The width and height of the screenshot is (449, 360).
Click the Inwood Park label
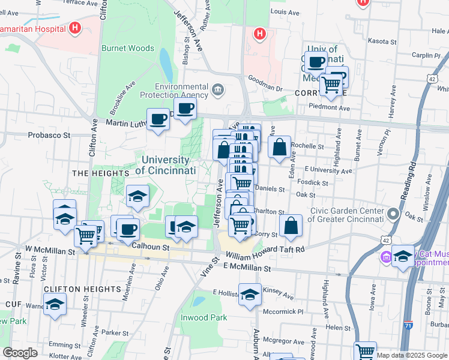click(x=204, y=317)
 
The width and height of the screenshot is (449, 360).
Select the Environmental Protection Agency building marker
click(x=217, y=91)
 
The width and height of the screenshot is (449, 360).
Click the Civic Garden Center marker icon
click(x=393, y=214)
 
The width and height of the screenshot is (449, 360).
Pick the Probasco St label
click(x=50, y=134)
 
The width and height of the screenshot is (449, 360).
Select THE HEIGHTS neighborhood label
click(x=92, y=173)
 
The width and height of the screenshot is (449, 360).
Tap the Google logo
click(x=20, y=353)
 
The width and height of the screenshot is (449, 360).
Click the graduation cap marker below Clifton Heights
click(x=55, y=304)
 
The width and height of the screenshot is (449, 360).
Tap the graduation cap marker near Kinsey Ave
click(x=250, y=295)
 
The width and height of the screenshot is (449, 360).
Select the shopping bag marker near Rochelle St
click(x=280, y=147)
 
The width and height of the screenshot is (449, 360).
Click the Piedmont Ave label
click(x=329, y=107)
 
